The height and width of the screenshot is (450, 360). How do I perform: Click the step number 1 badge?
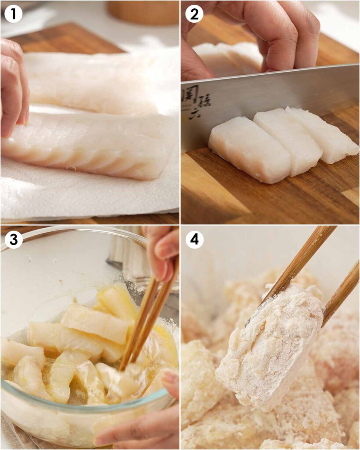(13, 14)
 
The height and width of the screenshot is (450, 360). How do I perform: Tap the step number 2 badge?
(194, 14)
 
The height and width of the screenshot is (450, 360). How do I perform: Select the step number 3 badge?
(13, 240)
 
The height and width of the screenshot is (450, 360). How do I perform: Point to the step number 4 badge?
(194, 240)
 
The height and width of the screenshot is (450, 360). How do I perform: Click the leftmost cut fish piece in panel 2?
(248, 149)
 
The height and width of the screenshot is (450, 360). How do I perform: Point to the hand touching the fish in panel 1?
(13, 88)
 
